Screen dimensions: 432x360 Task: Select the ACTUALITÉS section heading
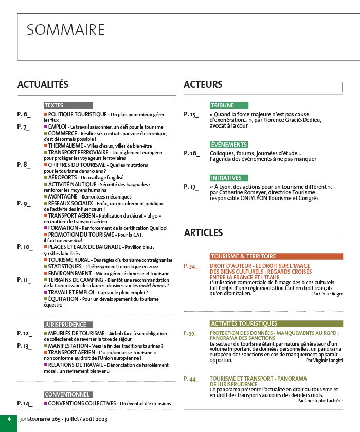(43, 85)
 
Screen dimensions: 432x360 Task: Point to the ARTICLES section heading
(203, 233)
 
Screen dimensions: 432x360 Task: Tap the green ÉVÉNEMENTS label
(229, 145)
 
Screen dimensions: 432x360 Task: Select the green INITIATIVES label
(229, 178)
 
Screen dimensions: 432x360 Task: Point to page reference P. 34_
(190, 267)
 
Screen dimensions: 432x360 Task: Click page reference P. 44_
(190, 379)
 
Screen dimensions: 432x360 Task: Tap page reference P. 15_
(191, 115)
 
